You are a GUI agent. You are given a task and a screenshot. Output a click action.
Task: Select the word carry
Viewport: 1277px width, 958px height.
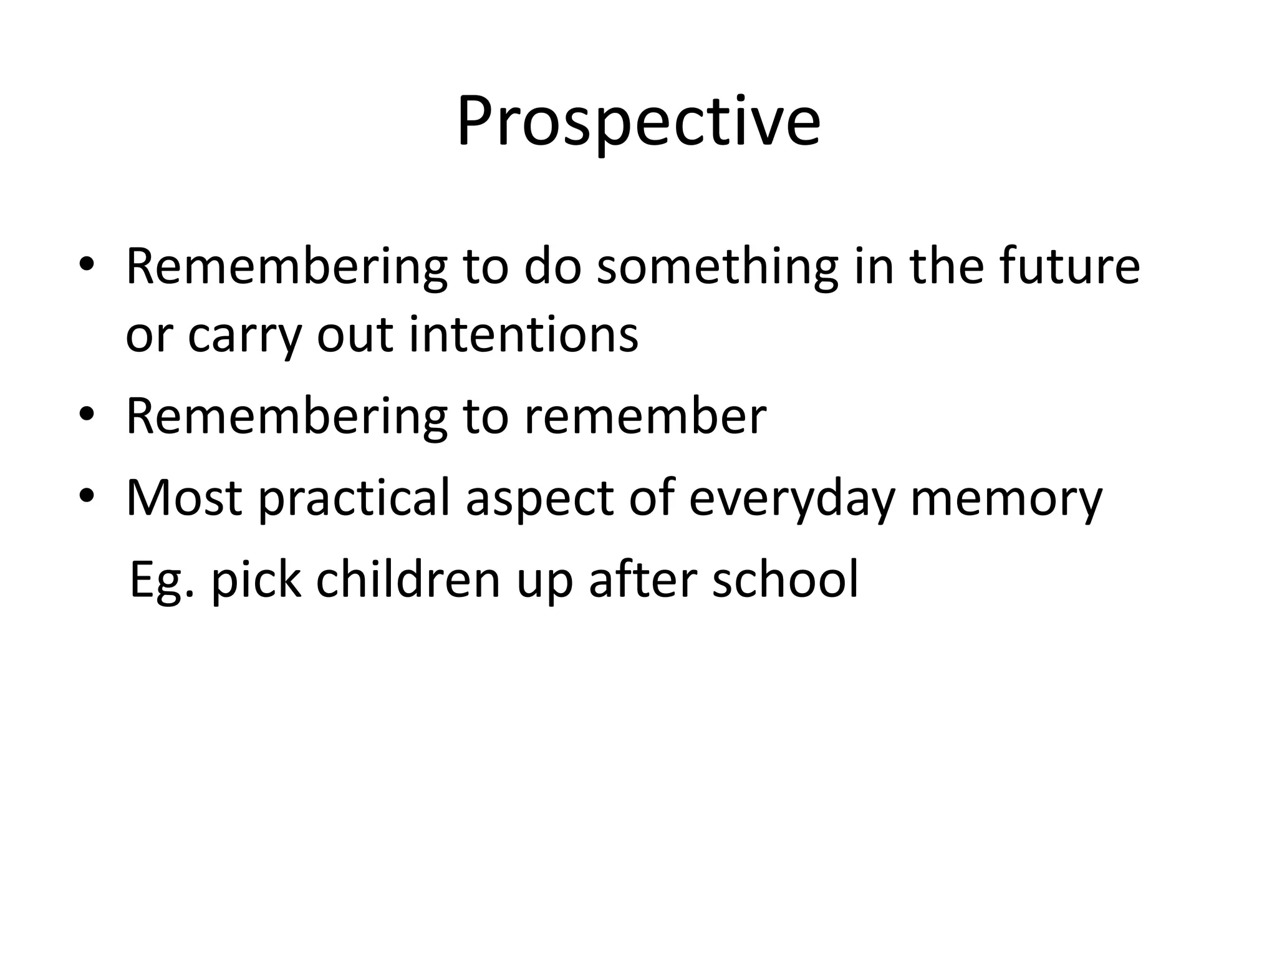pyautogui.click(x=244, y=337)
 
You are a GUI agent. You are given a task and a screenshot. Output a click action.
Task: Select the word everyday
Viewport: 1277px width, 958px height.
pyautogui.click(x=792, y=499)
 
